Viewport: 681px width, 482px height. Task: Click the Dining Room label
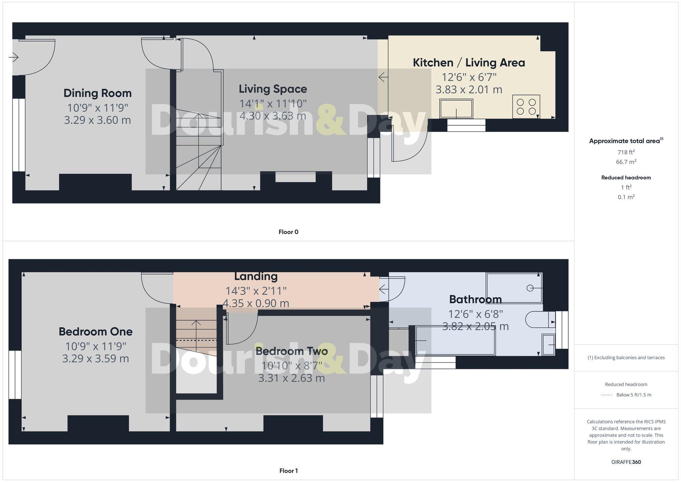pyautogui.click(x=97, y=93)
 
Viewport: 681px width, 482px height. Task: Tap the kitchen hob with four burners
pyautogui.click(x=526, y=107)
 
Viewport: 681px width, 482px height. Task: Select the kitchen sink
pyautogui.click(x=456, y=108)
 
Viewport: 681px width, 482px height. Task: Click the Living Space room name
pyautogui.click(x=273, y=89)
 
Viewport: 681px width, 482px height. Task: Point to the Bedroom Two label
pyautogui.click(x=291, y=351)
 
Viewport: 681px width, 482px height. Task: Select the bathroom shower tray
pyautogui.click(x=514, y=288)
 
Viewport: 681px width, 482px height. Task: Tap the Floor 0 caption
pyautogui.click(x=288, y=232)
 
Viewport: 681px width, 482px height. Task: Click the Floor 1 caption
pyautogui.click(x=288, y=471)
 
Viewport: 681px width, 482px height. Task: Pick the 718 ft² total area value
pyautogui.click(x=626, y=152)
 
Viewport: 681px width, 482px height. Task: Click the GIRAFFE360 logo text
pyautogui.click(x=626, y=462)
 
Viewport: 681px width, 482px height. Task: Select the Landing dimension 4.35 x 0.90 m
pyautogui.click(x=256, y=303)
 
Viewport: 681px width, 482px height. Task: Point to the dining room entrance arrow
pyautogui.click(x=14, y=57)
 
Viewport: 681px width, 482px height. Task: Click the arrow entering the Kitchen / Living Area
pyautogui.click(x=383, y=77)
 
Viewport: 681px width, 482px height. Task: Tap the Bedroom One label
pyautogui.click(x=95, y=331)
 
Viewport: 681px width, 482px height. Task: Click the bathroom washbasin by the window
pyautogui.click(x=548, y=345)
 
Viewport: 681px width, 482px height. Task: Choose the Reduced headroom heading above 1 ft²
pyautogui.click(x=626, y=177)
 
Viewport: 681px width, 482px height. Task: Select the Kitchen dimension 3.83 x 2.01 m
pyautogui.click(x=469, y=90)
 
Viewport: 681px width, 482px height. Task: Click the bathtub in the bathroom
pyautogui.click(x=455, y=341)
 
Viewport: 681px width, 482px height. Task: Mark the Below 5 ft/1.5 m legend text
pyautogui.click(x=634, y=395)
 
